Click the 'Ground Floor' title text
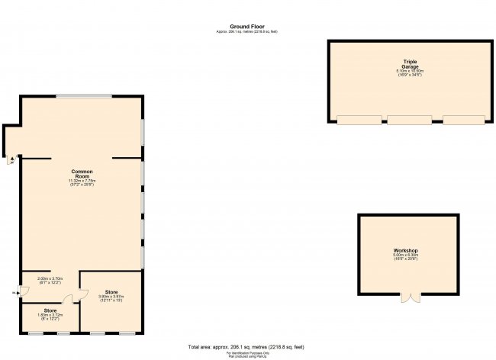248,25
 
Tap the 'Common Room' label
82,173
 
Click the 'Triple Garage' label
411,63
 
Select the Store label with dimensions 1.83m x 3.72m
50,310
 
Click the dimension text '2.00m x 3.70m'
49,279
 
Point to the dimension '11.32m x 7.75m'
82,181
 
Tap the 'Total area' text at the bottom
248,346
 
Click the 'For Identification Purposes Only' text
248,352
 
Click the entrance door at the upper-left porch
11,159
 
